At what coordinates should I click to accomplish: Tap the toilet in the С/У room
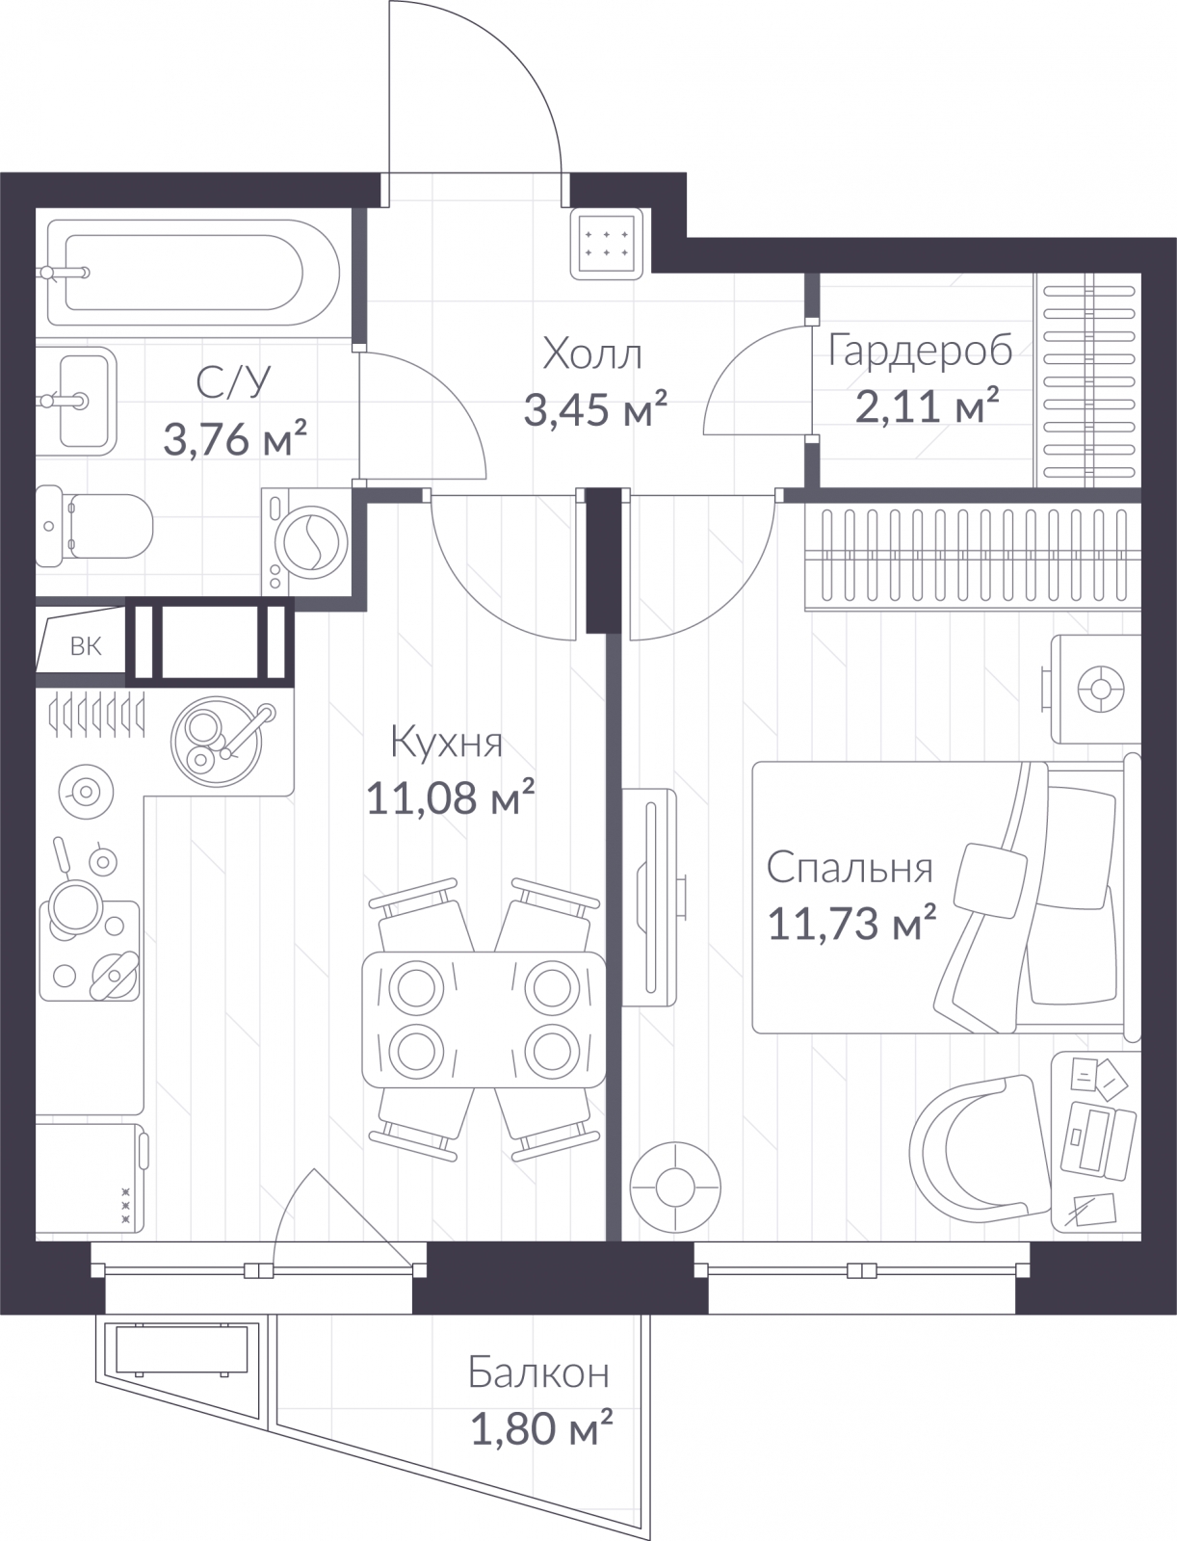pyautogui.click(x=94, y=526)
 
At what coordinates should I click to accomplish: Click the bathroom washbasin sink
pyautogui.click(x=76, y=401)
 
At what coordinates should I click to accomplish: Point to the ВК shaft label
pyautogui.click(x=86, y=646)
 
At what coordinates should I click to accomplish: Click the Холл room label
pyautogui.click(x=592, y=354)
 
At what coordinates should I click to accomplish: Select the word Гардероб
pyautogui.click(x=920, y=351)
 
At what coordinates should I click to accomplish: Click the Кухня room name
pyautogui.click(x=446, y=742)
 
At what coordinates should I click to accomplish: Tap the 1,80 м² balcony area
pyautogui.click(x=541, y=1428)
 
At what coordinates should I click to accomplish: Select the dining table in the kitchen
pyautogui.click(x=484, y=1019)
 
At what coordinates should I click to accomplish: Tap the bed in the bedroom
pyautogui.click(x=946, y=898)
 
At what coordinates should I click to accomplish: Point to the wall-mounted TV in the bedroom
pyautogui.click(x=650, y=898)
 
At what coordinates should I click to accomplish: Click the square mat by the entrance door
pyautogui.click(x=607, y=244)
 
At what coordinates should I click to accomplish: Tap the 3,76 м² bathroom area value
pyautogui.click(x=235, y=439)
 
